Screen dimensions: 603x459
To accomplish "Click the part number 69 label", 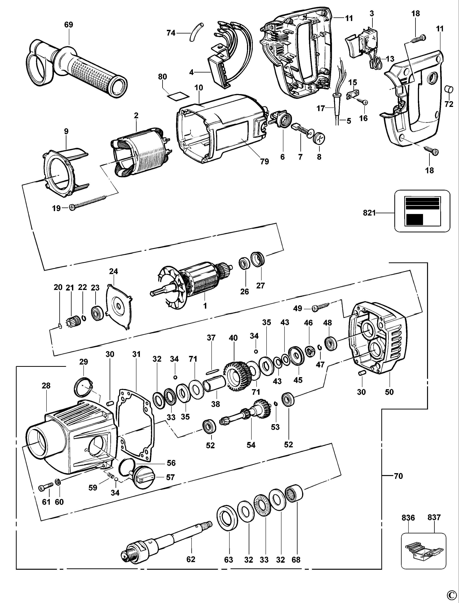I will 68,25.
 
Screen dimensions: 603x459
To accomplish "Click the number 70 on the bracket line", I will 398,476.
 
